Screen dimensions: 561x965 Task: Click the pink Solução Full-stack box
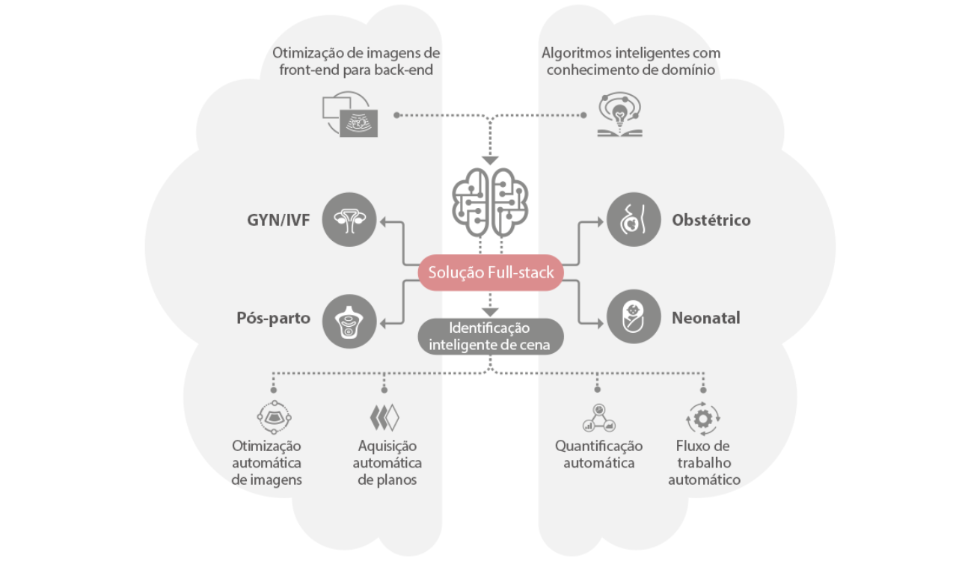491,272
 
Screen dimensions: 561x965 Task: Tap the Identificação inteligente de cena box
490,337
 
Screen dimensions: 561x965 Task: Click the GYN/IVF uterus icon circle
349,220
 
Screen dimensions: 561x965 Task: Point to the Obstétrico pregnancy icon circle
633,220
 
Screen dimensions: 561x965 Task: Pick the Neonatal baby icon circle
633,317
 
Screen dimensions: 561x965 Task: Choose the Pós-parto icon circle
349,319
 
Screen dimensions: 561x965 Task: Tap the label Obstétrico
711,221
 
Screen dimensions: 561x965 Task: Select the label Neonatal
705,318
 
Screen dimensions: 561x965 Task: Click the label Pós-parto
273,319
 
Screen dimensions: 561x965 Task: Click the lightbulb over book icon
620,115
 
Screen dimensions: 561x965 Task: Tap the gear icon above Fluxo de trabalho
703,419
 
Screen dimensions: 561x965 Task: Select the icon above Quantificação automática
598,418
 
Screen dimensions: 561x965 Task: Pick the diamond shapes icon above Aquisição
385,417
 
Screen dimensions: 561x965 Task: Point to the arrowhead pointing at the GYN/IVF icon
382,221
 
